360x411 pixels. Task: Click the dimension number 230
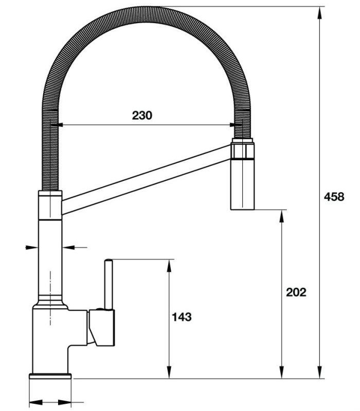click(x=142, y=116)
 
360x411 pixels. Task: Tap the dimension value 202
click(x=296, y=292)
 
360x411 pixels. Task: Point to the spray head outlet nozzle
click(x=242, y=185)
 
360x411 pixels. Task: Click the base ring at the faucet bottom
click(x=50, y=377)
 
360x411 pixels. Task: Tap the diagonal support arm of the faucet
click(x=144, y=177)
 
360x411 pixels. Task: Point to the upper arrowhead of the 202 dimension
click(x=282, y=215)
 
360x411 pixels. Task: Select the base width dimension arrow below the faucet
click(x=50, y=401)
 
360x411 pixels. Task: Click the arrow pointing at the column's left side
click(x=32, y=248)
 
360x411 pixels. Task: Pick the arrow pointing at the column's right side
click(x=68, y=248)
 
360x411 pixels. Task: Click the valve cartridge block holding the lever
click(x=101, y=327)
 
